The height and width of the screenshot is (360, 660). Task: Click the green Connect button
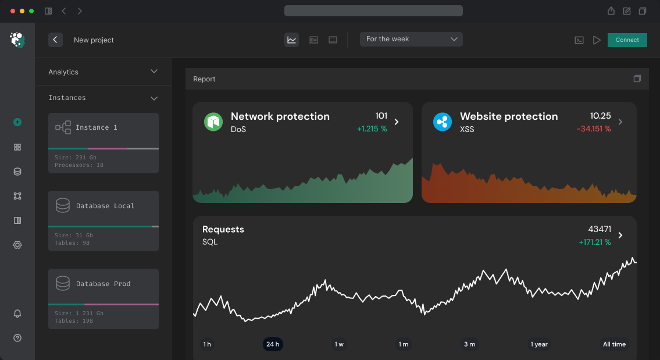point(627,40)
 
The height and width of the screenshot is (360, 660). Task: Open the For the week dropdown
point(411,39)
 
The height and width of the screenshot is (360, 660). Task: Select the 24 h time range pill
point(273,344)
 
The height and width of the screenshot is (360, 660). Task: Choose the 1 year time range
point(539,344)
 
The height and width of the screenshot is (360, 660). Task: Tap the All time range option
point(614,344)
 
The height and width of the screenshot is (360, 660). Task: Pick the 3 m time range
point(469,344)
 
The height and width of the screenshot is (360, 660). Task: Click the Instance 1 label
point(97,127)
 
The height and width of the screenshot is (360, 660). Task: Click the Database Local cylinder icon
point(63,205)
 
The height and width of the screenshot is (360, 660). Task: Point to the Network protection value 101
point(381,116)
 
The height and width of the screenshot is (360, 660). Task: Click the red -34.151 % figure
point(593,129)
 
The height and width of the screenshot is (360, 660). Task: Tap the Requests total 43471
point(599,229)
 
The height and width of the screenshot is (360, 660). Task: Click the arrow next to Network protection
point(397,122)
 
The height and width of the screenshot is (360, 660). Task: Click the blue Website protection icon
point(443,122)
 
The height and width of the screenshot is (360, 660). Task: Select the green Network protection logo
point(213,122)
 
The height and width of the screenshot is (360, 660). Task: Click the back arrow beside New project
point(55,40)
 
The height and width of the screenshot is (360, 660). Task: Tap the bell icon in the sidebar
point(17,313)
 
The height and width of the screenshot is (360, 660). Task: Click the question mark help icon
point(17,338)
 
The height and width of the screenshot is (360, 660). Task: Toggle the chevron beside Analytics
point(154,72)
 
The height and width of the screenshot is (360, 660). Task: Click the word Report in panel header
point(204,79)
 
